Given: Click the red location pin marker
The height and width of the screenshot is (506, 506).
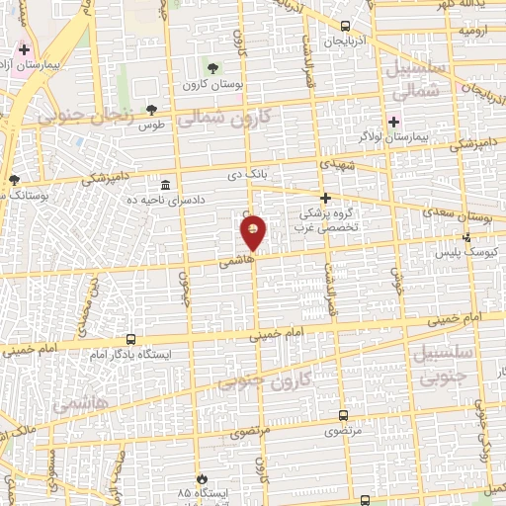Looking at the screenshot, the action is (254, 232).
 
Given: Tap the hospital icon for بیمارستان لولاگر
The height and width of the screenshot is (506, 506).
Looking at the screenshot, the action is (394, 122).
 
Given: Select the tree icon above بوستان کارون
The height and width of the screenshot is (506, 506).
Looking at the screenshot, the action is (211, 67).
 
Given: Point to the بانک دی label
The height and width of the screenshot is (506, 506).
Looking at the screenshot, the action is (247, 175).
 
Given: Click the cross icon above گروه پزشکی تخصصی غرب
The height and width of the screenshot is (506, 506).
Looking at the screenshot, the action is (325, 198).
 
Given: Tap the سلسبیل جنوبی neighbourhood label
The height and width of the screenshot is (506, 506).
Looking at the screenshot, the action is (454, 365).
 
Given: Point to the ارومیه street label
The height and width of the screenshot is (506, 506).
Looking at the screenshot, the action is (472, 31).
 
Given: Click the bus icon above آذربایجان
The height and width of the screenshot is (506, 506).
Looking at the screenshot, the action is (344, 27).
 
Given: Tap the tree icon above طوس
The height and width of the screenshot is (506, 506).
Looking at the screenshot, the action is (151, 110).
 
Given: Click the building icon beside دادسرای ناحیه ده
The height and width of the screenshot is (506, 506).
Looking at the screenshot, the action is (164, 185).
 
